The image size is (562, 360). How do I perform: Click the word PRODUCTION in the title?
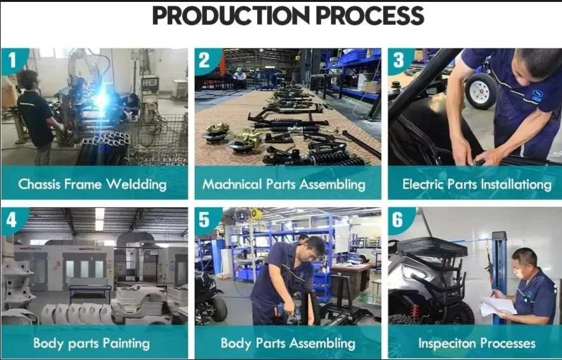click(231, 15)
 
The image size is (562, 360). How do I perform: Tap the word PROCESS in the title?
click(370, 15)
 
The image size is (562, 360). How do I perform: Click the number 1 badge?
click(13, 60)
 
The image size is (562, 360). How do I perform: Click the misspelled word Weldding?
click(136, 185)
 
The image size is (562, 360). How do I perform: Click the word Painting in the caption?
click(126, 344)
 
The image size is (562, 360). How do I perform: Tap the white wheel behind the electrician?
click(481, 91)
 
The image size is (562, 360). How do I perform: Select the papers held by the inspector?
click(498, 307)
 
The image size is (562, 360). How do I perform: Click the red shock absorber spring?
click(415, 312)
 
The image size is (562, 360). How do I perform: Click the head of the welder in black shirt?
click(28, 80)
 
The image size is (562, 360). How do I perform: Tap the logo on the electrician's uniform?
click(537, 95)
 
